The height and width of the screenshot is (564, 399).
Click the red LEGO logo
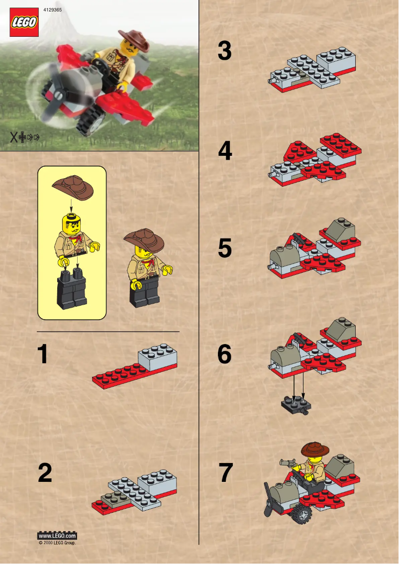[24, 22]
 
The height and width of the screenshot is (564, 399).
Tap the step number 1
[44, 354]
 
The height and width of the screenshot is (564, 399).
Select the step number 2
[45, 473]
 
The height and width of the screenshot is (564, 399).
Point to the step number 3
[225, 52]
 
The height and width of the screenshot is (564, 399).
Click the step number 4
[225, 151]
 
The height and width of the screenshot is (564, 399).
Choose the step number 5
[225, 248]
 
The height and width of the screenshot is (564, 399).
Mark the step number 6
[225, 354]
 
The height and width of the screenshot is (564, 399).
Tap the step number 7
[225, 473]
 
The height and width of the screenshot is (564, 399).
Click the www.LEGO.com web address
[57, 536]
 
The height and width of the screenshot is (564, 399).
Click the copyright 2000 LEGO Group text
[57, 543]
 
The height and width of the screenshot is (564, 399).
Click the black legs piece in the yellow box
[72, 289]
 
